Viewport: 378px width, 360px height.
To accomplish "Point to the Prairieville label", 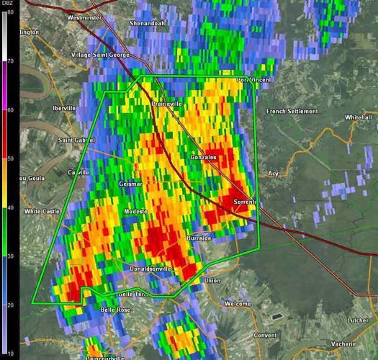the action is (x=166, y=104).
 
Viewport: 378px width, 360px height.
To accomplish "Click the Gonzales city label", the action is (x=202, y=156).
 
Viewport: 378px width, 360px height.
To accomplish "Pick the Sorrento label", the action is (x=245, y=202).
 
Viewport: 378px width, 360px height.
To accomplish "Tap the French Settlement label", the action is (x=292, y=112).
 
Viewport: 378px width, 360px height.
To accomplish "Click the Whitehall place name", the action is (x=358, y=117).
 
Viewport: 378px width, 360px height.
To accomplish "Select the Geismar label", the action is (x=131, y=184).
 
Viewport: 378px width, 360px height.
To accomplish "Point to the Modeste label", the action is (x=135, y=211).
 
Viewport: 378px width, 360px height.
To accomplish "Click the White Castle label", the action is (x=41, y=211).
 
